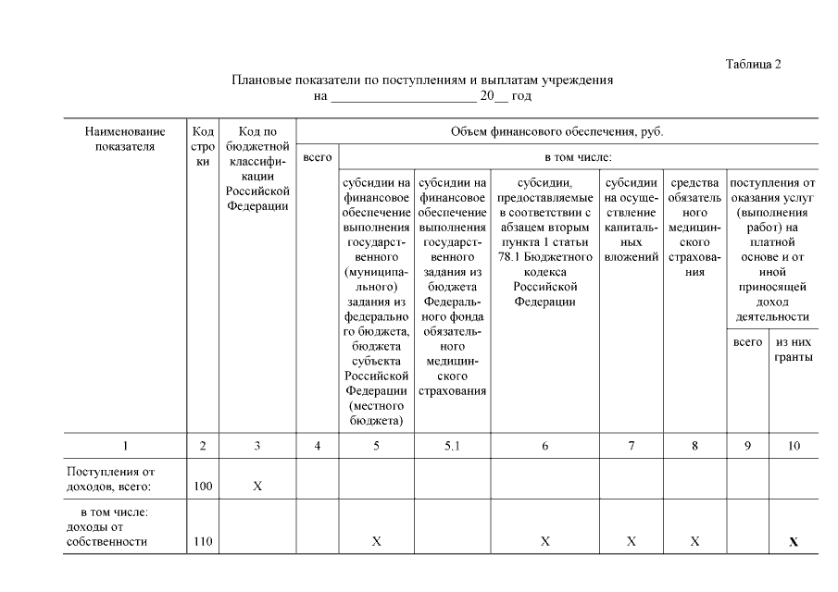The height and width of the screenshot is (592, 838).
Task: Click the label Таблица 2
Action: tap(754, 64)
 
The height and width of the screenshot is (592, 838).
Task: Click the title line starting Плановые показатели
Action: tap(421, 80)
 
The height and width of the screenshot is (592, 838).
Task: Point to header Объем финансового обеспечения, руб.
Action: tap(557, 131)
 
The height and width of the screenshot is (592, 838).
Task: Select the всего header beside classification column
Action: tap(318, 158)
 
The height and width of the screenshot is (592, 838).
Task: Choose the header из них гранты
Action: tap(794, 349)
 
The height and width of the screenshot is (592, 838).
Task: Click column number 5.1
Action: tap(452, 447)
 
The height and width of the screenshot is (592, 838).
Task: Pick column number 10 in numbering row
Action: tap(794, 447)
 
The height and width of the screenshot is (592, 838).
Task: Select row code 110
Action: tap(202, 541)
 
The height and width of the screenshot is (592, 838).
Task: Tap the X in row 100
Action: tap(257, 486)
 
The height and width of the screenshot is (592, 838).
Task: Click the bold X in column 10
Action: tap(794, 542)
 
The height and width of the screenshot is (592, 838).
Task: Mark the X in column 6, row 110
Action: tap(545, 541)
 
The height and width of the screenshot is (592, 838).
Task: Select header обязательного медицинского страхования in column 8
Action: tap(694, 228)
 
